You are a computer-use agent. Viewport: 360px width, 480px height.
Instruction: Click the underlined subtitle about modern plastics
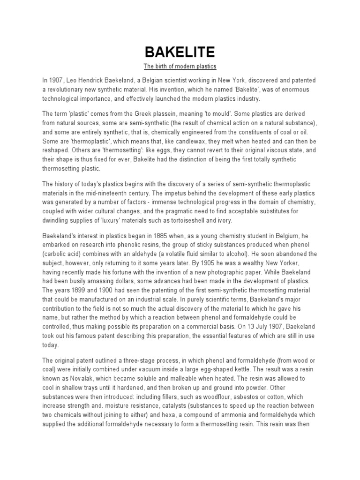click(180, 66)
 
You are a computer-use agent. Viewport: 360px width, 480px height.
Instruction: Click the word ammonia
click(247, 414)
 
